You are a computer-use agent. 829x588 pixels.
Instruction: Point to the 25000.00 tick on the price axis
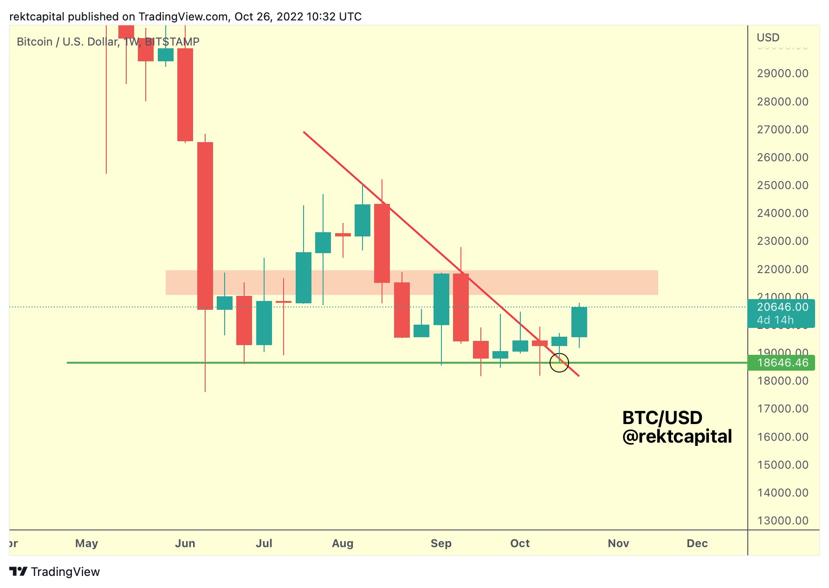782,185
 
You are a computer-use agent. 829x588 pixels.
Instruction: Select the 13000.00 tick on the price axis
782,521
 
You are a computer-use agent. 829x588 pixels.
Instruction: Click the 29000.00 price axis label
782,73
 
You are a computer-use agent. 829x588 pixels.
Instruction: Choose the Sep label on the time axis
440,543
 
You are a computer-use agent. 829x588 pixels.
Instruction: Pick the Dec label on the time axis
697,543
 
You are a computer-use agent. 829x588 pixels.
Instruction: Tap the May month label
86,543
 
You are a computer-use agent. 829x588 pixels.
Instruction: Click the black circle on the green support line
559,363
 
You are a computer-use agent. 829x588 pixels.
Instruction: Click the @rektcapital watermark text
677,437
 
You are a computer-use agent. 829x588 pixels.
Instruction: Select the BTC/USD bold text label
662,418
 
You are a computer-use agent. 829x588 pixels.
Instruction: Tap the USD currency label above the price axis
768,38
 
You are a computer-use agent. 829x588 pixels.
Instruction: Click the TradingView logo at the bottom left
54,572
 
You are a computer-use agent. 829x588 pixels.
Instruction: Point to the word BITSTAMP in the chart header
172,42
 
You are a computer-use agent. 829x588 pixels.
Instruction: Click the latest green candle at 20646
579,322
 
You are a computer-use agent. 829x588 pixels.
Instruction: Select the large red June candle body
205,226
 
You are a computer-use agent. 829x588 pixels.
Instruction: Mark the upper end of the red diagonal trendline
304,132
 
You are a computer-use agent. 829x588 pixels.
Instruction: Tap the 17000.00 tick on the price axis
782,409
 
